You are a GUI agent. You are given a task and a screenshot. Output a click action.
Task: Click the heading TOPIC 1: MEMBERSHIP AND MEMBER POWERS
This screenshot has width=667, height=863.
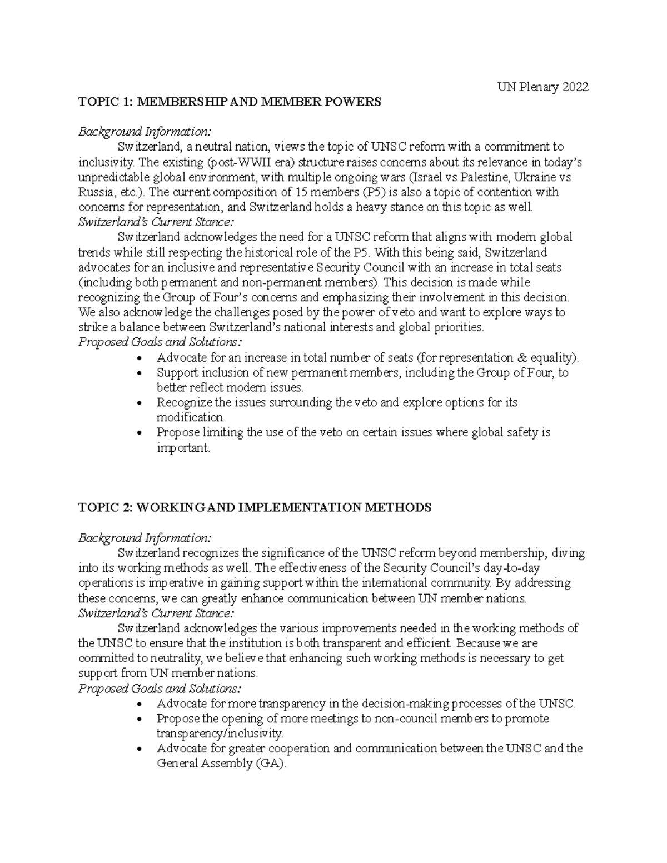click(230, 102)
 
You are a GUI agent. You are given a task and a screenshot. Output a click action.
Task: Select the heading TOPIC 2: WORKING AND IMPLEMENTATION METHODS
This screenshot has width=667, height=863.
click(255, 507)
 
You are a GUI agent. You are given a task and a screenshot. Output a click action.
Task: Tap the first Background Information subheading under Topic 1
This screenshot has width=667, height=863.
click(145, 132)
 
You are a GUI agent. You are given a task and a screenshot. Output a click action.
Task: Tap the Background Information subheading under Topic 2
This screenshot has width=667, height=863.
click(145, 538)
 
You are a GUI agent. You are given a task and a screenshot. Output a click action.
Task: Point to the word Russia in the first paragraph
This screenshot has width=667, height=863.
click(96, 192)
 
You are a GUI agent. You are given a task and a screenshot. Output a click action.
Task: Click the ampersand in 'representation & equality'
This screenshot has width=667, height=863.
click(520, 357)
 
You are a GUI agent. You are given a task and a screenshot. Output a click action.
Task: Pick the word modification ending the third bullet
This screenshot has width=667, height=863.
click(183, 417)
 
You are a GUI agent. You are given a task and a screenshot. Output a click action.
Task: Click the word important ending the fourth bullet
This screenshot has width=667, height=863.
click(183, 447)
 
